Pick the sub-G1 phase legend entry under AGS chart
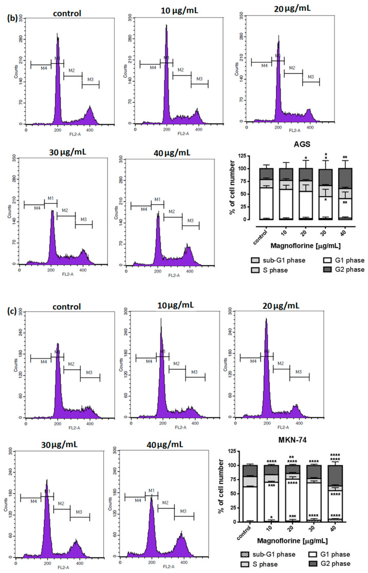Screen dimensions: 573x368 (x=281, y=261)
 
